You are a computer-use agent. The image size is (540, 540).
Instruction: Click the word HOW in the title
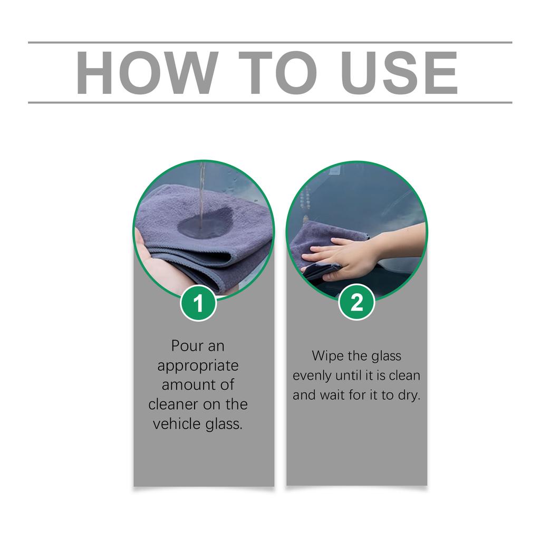[x=146, y=73]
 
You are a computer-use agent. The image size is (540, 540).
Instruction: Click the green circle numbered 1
[x=198, y=304]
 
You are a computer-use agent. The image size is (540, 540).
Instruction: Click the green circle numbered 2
[x=356, y=303]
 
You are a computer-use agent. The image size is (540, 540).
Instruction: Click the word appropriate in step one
[x=198, y=366]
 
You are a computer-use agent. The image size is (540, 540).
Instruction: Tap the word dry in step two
[x=409, y=395]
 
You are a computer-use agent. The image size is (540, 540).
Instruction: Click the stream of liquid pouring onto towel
[x=202, y=190]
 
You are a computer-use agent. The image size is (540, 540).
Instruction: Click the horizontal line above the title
[x=270, y=42]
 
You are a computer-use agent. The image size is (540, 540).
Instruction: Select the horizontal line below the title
[x=270, y=102]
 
